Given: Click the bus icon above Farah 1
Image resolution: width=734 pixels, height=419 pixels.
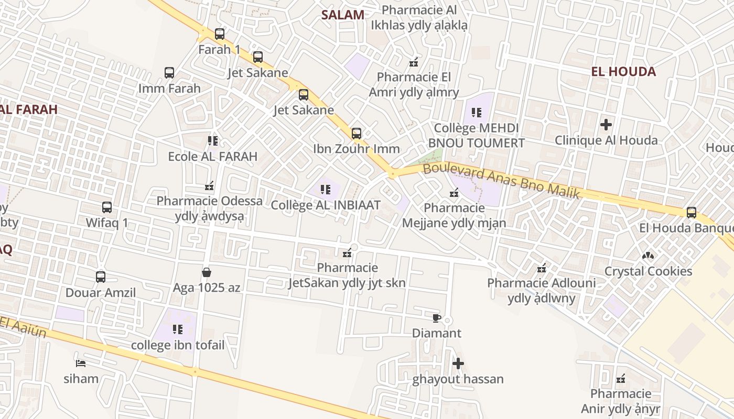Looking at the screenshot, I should [x=220, y=34].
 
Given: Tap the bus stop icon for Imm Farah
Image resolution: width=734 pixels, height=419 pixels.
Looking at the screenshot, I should [x=169, y=73].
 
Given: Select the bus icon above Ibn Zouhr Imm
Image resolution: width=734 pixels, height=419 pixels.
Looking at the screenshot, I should [x=357, y=133].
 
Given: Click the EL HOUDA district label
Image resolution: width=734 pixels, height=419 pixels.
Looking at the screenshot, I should [x=623, y=72].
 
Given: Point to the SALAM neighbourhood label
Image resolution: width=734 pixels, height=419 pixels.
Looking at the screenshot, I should [x=342, y=15].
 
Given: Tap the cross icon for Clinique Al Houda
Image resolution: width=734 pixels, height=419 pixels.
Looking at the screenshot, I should [x=606, y=125].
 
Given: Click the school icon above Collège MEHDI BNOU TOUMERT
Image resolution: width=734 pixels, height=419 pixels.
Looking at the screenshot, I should [x=476, y=112].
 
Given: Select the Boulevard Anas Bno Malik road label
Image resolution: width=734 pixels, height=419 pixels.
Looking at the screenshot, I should [x=501, y=180].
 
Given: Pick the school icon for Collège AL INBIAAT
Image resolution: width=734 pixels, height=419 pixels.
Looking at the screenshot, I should [x=325, y=189].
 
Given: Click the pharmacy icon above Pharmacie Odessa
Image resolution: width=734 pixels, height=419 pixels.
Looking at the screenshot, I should [x=209, y=185].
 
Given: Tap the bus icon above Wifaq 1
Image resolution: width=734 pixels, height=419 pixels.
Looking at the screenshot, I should [x=107, y=207].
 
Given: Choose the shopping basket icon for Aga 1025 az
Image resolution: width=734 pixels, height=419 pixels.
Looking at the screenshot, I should [x=207, y=272].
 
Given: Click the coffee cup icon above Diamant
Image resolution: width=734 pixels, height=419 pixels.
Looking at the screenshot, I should [x=436, y=318].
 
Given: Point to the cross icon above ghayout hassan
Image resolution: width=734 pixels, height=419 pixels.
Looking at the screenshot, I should [x=458, y=363].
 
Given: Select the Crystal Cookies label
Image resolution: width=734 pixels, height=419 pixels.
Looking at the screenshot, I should [x=648, y=271].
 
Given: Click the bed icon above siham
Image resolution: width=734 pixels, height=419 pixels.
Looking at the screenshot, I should [x=81, y=363].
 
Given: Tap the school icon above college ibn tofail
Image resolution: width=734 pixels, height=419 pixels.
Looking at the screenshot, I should [x=178, y=329].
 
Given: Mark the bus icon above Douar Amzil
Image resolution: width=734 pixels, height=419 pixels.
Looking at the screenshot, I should [x=101, y=277].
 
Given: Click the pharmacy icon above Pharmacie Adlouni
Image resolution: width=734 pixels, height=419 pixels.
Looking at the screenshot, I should [x=542, y=268].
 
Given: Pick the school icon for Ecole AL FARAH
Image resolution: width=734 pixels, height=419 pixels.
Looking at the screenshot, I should [x=212, y=140].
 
